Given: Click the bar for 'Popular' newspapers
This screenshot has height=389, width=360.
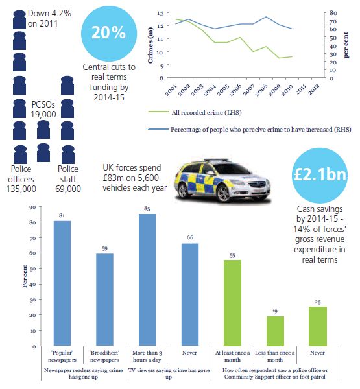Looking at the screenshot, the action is click(62, 283).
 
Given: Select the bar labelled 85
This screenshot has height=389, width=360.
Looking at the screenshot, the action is click(147, 280).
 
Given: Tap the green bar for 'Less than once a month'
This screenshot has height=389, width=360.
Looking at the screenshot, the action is click(275, 331).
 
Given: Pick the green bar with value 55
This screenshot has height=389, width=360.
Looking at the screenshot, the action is click(232, 303).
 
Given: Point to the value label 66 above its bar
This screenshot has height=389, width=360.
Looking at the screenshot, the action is click(190, 237).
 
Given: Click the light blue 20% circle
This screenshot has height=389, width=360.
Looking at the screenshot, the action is click(109, 34).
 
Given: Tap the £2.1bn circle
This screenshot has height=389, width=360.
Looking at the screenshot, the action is click(320, 175).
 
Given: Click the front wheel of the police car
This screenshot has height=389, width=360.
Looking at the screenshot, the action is click(223, 193).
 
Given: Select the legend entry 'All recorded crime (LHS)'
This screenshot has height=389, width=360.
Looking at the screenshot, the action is click(195, 112).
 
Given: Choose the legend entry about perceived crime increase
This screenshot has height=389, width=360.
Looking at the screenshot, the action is click(250, 129).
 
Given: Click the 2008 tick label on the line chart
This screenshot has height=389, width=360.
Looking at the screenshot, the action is click(261, 89).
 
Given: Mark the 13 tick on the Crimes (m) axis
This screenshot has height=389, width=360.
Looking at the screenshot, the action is click(160, 14).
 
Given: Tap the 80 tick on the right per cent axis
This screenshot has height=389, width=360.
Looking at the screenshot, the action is click(333, 13).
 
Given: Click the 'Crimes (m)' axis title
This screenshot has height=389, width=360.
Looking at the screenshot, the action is click(150, 45).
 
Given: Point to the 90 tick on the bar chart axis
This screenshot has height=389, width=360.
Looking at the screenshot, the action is click(33, 207).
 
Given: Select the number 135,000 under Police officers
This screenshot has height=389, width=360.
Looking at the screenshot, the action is click(21, 189).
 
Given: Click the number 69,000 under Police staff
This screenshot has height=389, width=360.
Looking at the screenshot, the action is click(68, 189).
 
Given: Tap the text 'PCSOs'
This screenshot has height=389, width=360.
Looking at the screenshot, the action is click(43, 104).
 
